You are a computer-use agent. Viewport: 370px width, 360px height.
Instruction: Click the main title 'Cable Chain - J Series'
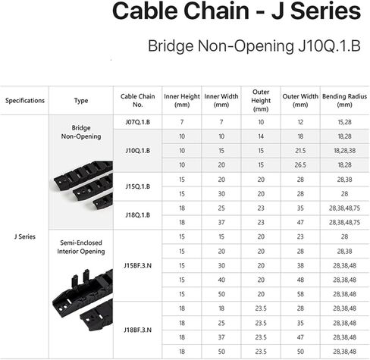[x=237, y=11]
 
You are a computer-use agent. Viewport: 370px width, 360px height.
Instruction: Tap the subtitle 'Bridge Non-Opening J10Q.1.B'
[x=254, y=46]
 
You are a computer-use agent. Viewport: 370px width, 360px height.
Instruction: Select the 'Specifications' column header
[x=25, y=101]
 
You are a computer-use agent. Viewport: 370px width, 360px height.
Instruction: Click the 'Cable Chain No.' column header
[x=138, y=101]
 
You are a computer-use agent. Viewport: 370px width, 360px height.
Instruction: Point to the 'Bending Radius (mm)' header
[x=344, y=101]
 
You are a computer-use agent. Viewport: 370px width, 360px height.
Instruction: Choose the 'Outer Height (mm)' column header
[x=261, y=101]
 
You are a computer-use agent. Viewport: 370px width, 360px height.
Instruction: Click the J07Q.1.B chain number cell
[x=138, y=122]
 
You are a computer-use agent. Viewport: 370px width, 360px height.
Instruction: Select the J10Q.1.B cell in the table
[x=138, y=151]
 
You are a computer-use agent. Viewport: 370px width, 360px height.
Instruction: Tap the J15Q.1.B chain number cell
[x=138, y=186]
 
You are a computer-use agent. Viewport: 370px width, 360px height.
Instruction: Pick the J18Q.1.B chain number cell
[x=138, y=215]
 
